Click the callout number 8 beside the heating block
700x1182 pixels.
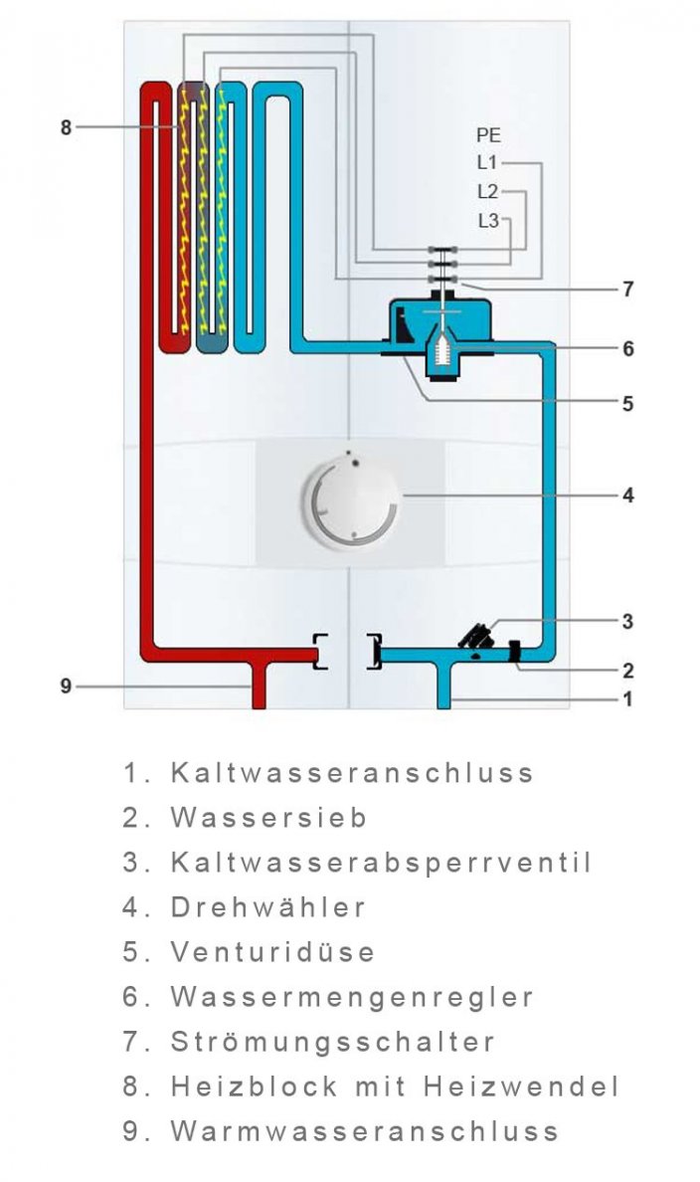(66, 127)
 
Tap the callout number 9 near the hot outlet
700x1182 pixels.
(66, 686)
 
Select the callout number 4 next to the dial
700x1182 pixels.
(627, 494)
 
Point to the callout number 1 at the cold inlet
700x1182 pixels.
(627, 699)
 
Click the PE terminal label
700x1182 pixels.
(488, 135)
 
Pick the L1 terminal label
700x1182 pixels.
(487, 163)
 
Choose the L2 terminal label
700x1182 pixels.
(487, 191)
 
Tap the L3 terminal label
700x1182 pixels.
(487, 221)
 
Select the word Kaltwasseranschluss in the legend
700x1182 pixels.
(352, 773)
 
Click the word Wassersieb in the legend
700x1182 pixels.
(268, 818)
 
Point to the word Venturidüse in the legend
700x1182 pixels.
(272, 952)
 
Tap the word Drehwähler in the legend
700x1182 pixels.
(268, 907)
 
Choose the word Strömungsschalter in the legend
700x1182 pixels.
(332, 1042)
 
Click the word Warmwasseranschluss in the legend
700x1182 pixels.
(364, 1131)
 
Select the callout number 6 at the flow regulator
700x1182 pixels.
(627, 349)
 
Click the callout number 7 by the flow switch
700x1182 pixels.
(627, 290)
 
